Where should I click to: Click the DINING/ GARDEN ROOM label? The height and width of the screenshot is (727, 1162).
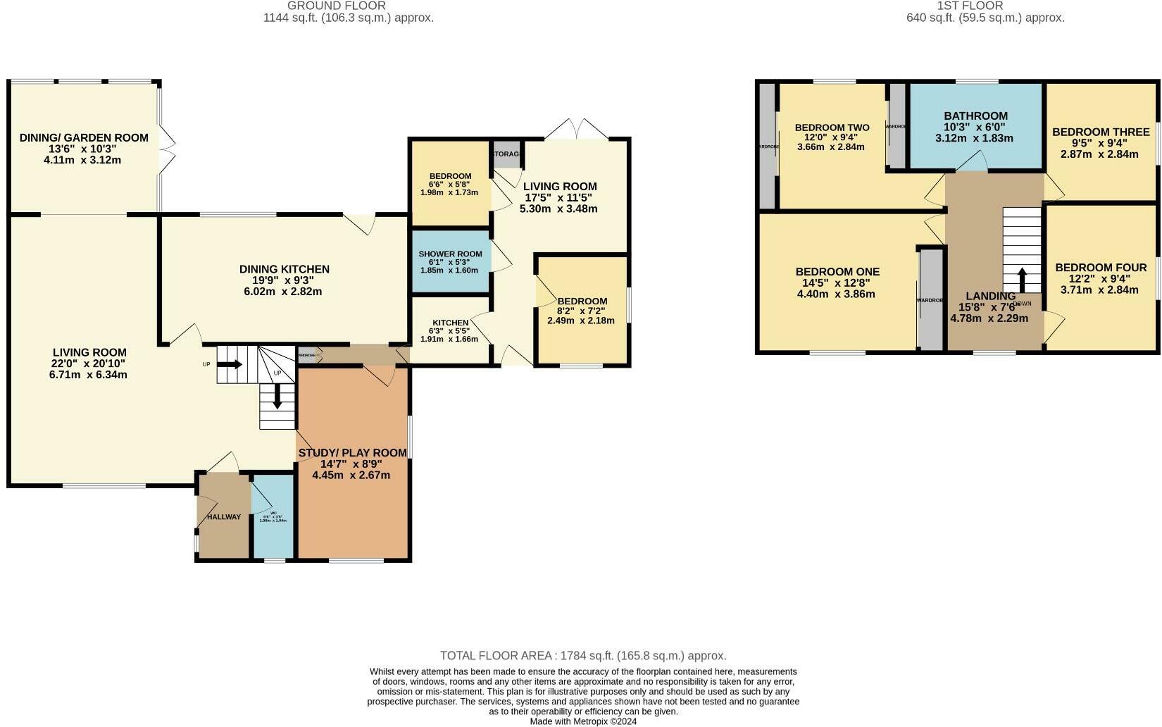(84, 137)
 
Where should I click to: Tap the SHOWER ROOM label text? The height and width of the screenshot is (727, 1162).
(450, 254)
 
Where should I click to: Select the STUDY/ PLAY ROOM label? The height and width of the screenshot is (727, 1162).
(352, 453)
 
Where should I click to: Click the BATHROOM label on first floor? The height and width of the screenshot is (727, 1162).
(975, 116)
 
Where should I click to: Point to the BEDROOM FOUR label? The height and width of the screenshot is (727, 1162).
(1100, 268)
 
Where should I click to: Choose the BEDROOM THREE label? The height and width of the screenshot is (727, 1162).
(1100, 132)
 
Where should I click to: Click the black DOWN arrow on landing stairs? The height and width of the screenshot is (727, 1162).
(1022, 275)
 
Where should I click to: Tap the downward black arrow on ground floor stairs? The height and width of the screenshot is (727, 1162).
(277, 395)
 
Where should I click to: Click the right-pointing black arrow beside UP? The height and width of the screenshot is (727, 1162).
(230, 364)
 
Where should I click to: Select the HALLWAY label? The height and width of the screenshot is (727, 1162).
(223, 517)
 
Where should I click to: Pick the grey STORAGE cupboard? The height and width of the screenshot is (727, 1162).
(506, 154)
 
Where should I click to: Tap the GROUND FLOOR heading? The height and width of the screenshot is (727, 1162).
(337, 6)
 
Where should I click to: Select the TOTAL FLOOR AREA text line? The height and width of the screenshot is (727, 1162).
(583, 656)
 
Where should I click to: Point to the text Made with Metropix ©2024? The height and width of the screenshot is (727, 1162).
(583, 721)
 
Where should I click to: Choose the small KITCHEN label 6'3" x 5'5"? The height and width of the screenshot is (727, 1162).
(450, 323)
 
